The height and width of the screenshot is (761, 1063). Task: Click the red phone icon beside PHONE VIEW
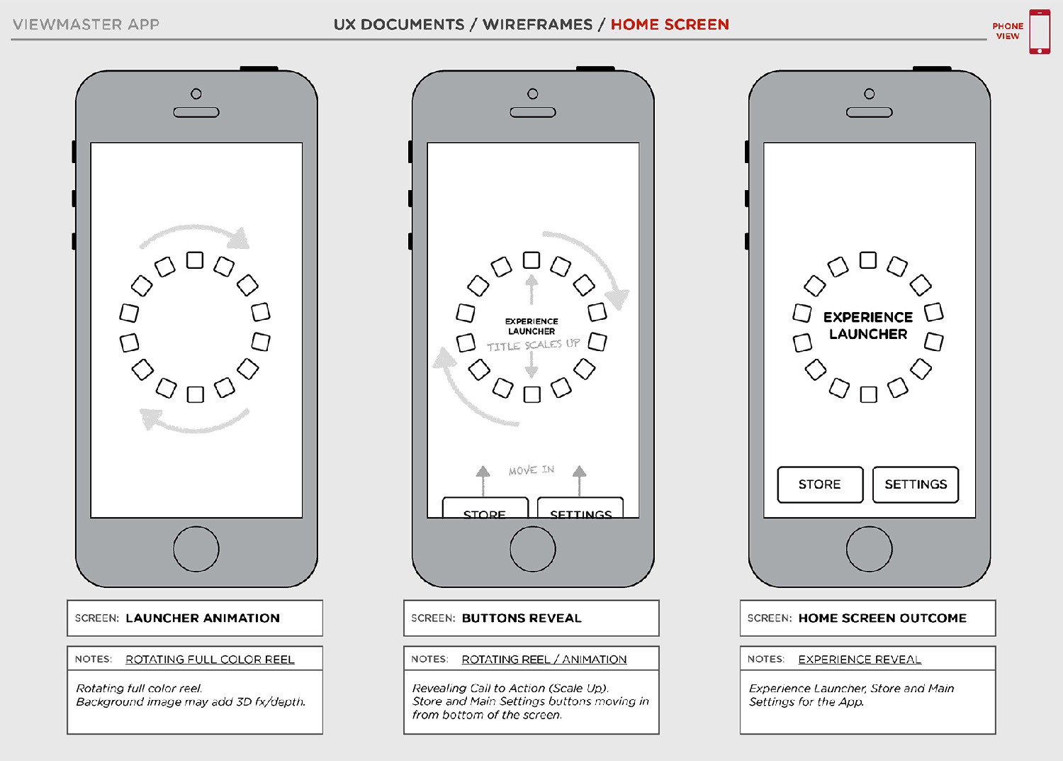[x=1040, y=32]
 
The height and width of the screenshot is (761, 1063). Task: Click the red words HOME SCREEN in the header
[x=670, y=25]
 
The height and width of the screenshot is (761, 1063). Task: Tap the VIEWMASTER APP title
[x=86, y=25]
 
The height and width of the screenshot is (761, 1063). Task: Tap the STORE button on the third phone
[x=820, y=484]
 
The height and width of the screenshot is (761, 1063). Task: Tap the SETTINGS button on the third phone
[x=915, y=484]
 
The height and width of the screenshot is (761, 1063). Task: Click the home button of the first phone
[x=196, y=548]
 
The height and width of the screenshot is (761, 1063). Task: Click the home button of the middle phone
[x=532, y=548]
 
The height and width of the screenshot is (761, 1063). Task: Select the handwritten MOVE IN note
[x=531, y=470]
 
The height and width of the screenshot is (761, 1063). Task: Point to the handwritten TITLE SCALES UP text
[x=533, y=345]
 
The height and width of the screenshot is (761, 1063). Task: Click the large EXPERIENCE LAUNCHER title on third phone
[x=868, y=326]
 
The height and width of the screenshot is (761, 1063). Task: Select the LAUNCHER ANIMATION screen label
[x=203, y=618]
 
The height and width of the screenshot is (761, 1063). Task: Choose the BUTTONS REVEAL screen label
[x=522, y=618]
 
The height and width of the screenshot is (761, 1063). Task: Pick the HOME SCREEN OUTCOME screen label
[x=882, y=618]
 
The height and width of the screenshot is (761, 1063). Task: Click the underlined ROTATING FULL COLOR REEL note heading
[x=210, y=660]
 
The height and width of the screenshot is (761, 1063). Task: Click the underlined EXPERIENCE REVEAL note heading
[x=860, y=660]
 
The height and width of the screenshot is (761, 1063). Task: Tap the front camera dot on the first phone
[x=196, y=94]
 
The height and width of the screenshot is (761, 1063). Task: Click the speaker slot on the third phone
[x=869, y=112]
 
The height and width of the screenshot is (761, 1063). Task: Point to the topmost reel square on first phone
[x=195, y=260]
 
